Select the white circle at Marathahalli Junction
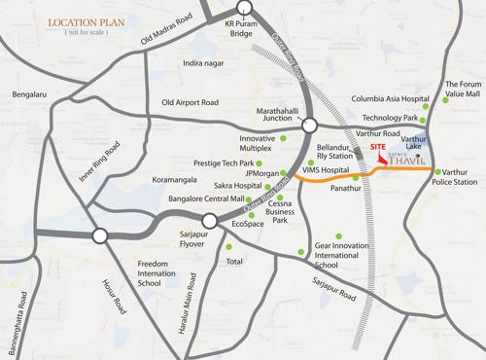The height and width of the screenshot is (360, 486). [309, 125]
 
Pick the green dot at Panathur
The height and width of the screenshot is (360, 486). [356, 178]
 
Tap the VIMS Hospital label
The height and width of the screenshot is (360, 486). [326, 169]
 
